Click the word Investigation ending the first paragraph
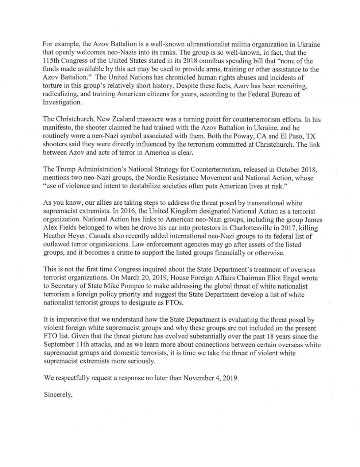click(62, 103)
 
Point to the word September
click(60, 345)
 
